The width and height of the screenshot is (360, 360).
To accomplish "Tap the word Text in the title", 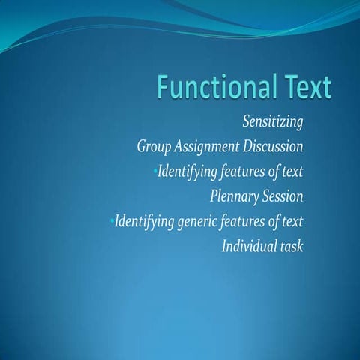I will pyautogui.click(x=301, y=88).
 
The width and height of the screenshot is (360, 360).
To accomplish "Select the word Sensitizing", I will pyautogui.click(x=272, y=120).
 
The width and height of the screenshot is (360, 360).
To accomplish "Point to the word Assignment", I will pyautogui.click(x=209, y=146).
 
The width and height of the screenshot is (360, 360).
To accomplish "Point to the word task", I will pyautogui.click(x=292, y=247).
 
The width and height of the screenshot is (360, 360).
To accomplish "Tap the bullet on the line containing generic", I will pyautogui.click(x=110, y=222).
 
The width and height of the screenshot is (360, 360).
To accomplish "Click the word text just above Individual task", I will pyautogui.click(x=292, y=222).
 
